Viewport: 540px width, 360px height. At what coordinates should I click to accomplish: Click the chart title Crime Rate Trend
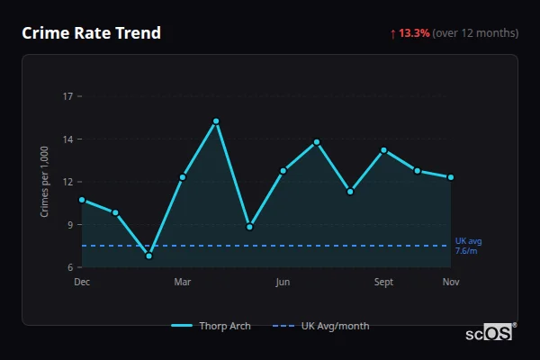(91, 33)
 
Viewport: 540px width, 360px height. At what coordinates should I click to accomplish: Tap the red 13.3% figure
(414, 33)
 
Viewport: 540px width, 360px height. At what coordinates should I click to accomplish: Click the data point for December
(82, 200)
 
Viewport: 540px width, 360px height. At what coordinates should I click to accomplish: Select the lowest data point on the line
(148, 256)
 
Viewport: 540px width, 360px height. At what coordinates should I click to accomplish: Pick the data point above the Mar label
(183, 177)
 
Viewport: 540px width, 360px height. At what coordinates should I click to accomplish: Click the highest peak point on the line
(216, 121)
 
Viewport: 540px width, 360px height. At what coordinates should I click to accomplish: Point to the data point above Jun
(283, 170)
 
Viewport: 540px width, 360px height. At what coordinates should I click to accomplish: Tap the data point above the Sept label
(384, 150)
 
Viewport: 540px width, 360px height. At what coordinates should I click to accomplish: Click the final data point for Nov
(451, 177)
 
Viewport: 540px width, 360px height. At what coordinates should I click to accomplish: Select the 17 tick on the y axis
(67, 95)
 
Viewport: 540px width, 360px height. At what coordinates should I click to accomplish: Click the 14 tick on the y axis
(67, 139)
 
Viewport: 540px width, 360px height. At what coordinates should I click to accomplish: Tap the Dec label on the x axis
(82, 283)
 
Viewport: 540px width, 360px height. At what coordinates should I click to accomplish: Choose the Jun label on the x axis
(283, 283)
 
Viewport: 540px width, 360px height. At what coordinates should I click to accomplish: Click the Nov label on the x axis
(451, 283)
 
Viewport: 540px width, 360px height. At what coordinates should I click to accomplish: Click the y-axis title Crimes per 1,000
(45, 182)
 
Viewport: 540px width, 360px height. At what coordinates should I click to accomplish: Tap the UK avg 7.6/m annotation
(468, 246)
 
